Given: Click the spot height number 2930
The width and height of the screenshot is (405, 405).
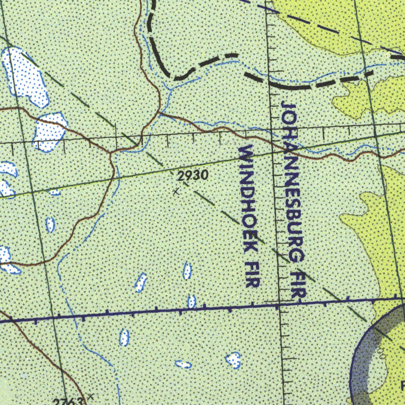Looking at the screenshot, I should click(193, 176).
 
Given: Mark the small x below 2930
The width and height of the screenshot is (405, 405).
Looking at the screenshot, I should click(176, 192).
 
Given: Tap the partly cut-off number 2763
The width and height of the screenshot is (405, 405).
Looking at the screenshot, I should click(68, 401).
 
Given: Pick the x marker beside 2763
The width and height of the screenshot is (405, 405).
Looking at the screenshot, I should click(91, 396).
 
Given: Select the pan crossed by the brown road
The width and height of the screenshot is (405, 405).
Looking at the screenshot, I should click(49, 131).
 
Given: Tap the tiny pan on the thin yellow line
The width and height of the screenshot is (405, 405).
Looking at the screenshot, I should click(55, 193).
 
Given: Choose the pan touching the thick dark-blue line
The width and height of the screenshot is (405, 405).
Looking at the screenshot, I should click(191, 302).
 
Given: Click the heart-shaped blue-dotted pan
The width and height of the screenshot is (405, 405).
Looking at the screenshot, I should click(233, 360).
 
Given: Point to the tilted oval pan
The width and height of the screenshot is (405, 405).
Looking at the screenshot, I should click(141, 282).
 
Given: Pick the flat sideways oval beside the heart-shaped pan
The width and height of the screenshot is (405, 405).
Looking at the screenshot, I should click(183, 364).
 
